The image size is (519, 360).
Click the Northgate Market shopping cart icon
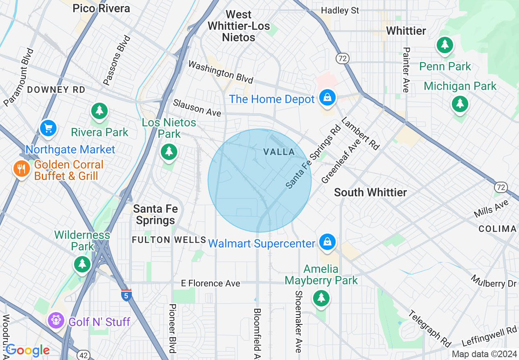[x=48, y=128]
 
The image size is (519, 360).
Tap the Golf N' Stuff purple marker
[x=56, y=320]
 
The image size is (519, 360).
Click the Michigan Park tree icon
[x=460, y=104]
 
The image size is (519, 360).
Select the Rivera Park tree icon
[x=99, y=110]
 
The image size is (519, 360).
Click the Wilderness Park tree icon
[x=82, y=264]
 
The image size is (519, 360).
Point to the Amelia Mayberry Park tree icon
[x=321, y=298]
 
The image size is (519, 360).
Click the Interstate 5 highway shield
[x=126, y=295]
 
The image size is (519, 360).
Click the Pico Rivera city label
[x=101, y=8]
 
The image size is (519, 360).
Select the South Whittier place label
[x=370, y=192]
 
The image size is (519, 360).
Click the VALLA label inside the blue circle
[x=279, y=152]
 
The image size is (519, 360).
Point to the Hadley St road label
[x=340, y=10]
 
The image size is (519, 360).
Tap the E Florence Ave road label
[x=211, y=283]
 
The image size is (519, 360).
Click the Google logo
[x=27, y=350]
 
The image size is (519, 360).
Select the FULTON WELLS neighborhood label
[x=169, y=240]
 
